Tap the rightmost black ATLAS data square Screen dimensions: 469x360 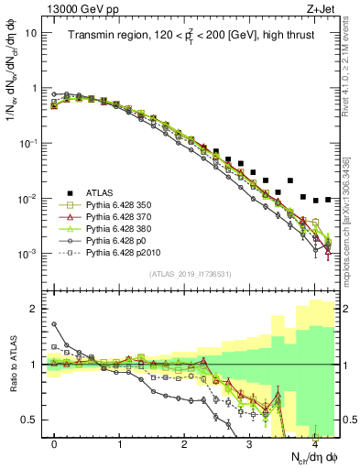click(327, 199)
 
